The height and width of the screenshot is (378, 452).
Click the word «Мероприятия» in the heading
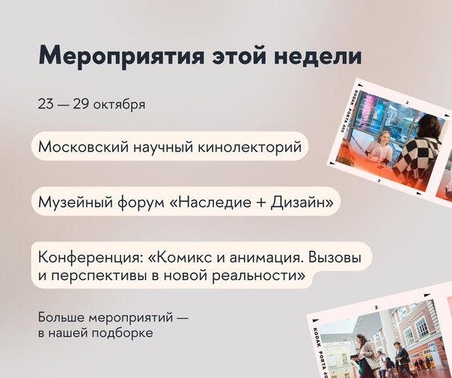point(121,57)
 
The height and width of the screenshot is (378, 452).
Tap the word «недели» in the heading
point(317,55)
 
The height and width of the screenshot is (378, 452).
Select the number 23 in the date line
point(46,104)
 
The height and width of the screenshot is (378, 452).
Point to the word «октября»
point(120,105)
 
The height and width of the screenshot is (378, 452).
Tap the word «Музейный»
point(75,202)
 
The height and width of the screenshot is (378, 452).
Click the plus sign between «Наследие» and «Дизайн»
point(261,202)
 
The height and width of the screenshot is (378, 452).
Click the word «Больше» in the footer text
point(61,317)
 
